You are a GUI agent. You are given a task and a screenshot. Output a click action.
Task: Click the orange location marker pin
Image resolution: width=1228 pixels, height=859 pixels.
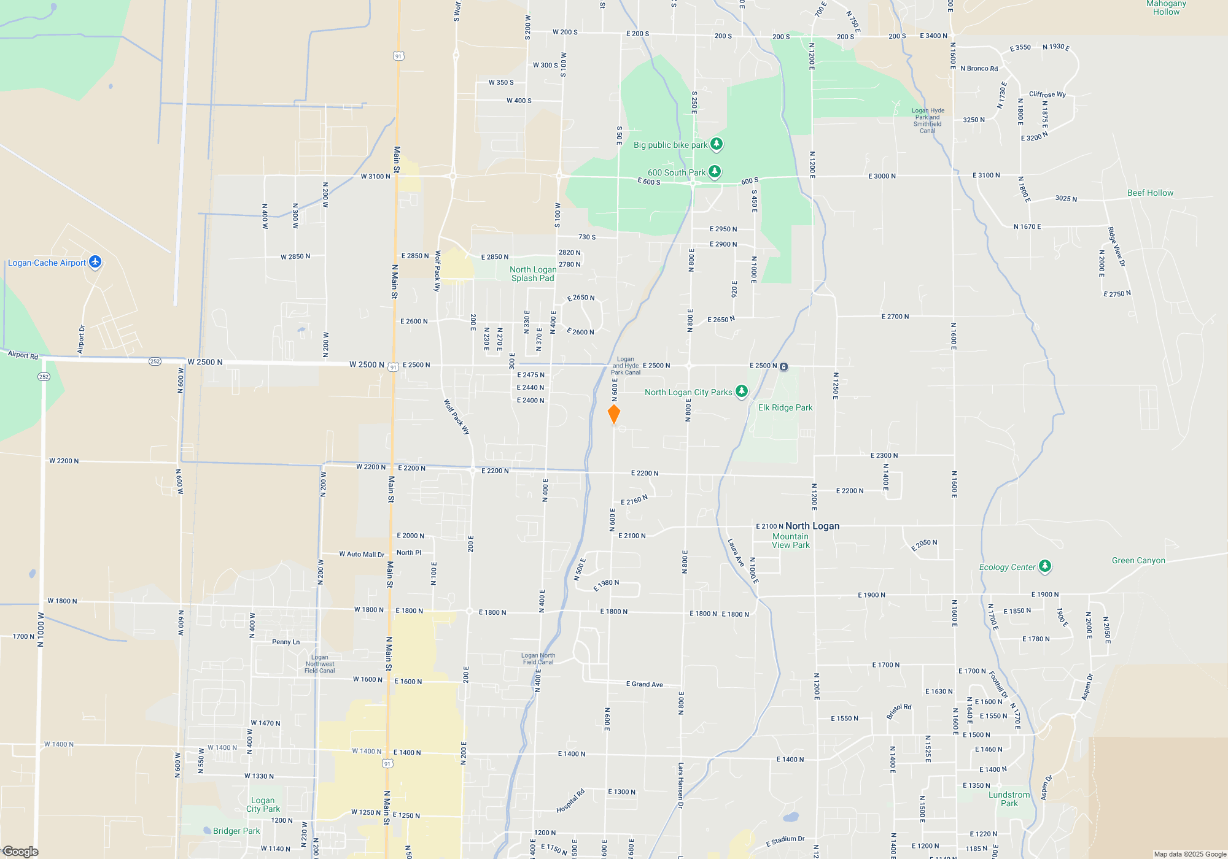click(613, 414)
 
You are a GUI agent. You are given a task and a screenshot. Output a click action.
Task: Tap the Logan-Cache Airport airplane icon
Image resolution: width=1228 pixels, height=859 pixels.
click(95, 262)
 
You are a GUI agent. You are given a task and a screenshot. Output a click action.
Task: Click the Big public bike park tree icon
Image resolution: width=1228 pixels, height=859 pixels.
click(717, 144)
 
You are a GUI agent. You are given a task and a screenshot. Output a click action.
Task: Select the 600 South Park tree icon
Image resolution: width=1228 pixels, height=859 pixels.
click(715, 172)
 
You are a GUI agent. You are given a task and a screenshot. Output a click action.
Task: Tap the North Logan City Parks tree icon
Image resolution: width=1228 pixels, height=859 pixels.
click(742, 391)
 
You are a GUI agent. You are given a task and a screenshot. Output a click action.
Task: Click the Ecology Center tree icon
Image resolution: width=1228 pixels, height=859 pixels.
click(1045, 566)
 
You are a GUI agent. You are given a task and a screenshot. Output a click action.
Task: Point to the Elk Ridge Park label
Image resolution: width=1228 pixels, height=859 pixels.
click(785, 407)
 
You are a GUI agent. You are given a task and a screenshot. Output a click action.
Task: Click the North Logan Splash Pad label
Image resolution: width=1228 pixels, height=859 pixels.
click(533, 274)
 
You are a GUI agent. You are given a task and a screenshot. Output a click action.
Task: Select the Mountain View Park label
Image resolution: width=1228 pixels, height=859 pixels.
click(790, 541)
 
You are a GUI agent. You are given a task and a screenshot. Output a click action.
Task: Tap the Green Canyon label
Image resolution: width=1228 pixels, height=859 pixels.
click(1138, 560)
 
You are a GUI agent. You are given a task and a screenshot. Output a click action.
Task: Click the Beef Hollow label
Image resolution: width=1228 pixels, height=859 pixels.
click(1149, 193)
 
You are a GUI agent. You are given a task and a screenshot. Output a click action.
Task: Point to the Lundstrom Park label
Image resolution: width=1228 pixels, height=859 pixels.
click(1009, 799)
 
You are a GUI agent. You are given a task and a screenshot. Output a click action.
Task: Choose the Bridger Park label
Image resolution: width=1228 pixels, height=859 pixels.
click(236, 831)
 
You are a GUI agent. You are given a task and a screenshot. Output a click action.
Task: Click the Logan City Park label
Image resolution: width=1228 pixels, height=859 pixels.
click(263, 804)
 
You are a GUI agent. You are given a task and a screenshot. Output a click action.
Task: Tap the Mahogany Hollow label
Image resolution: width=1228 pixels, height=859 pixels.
click(1166, 7)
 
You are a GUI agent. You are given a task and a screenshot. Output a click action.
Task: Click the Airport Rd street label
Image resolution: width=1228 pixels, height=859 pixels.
click(23, 355)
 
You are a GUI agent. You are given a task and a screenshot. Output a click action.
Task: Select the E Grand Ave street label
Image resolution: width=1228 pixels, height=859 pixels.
click(644, 684)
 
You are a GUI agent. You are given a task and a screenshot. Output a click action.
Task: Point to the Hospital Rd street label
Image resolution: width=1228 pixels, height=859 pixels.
click(570, 801)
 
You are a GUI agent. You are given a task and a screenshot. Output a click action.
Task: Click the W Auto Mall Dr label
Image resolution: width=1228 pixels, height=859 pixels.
click(362, 554)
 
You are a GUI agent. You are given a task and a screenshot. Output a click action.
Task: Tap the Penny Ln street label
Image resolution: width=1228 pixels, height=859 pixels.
click(286, 642)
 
